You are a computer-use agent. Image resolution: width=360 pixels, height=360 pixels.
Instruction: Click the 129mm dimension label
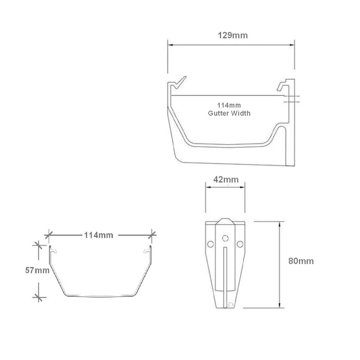click(233, 36)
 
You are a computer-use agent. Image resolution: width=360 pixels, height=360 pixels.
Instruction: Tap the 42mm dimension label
click(226, 179)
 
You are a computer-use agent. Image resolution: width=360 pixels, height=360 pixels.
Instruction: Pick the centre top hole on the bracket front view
click(225, 238)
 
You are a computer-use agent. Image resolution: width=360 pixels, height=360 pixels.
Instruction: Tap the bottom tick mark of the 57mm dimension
click(37, 296)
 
